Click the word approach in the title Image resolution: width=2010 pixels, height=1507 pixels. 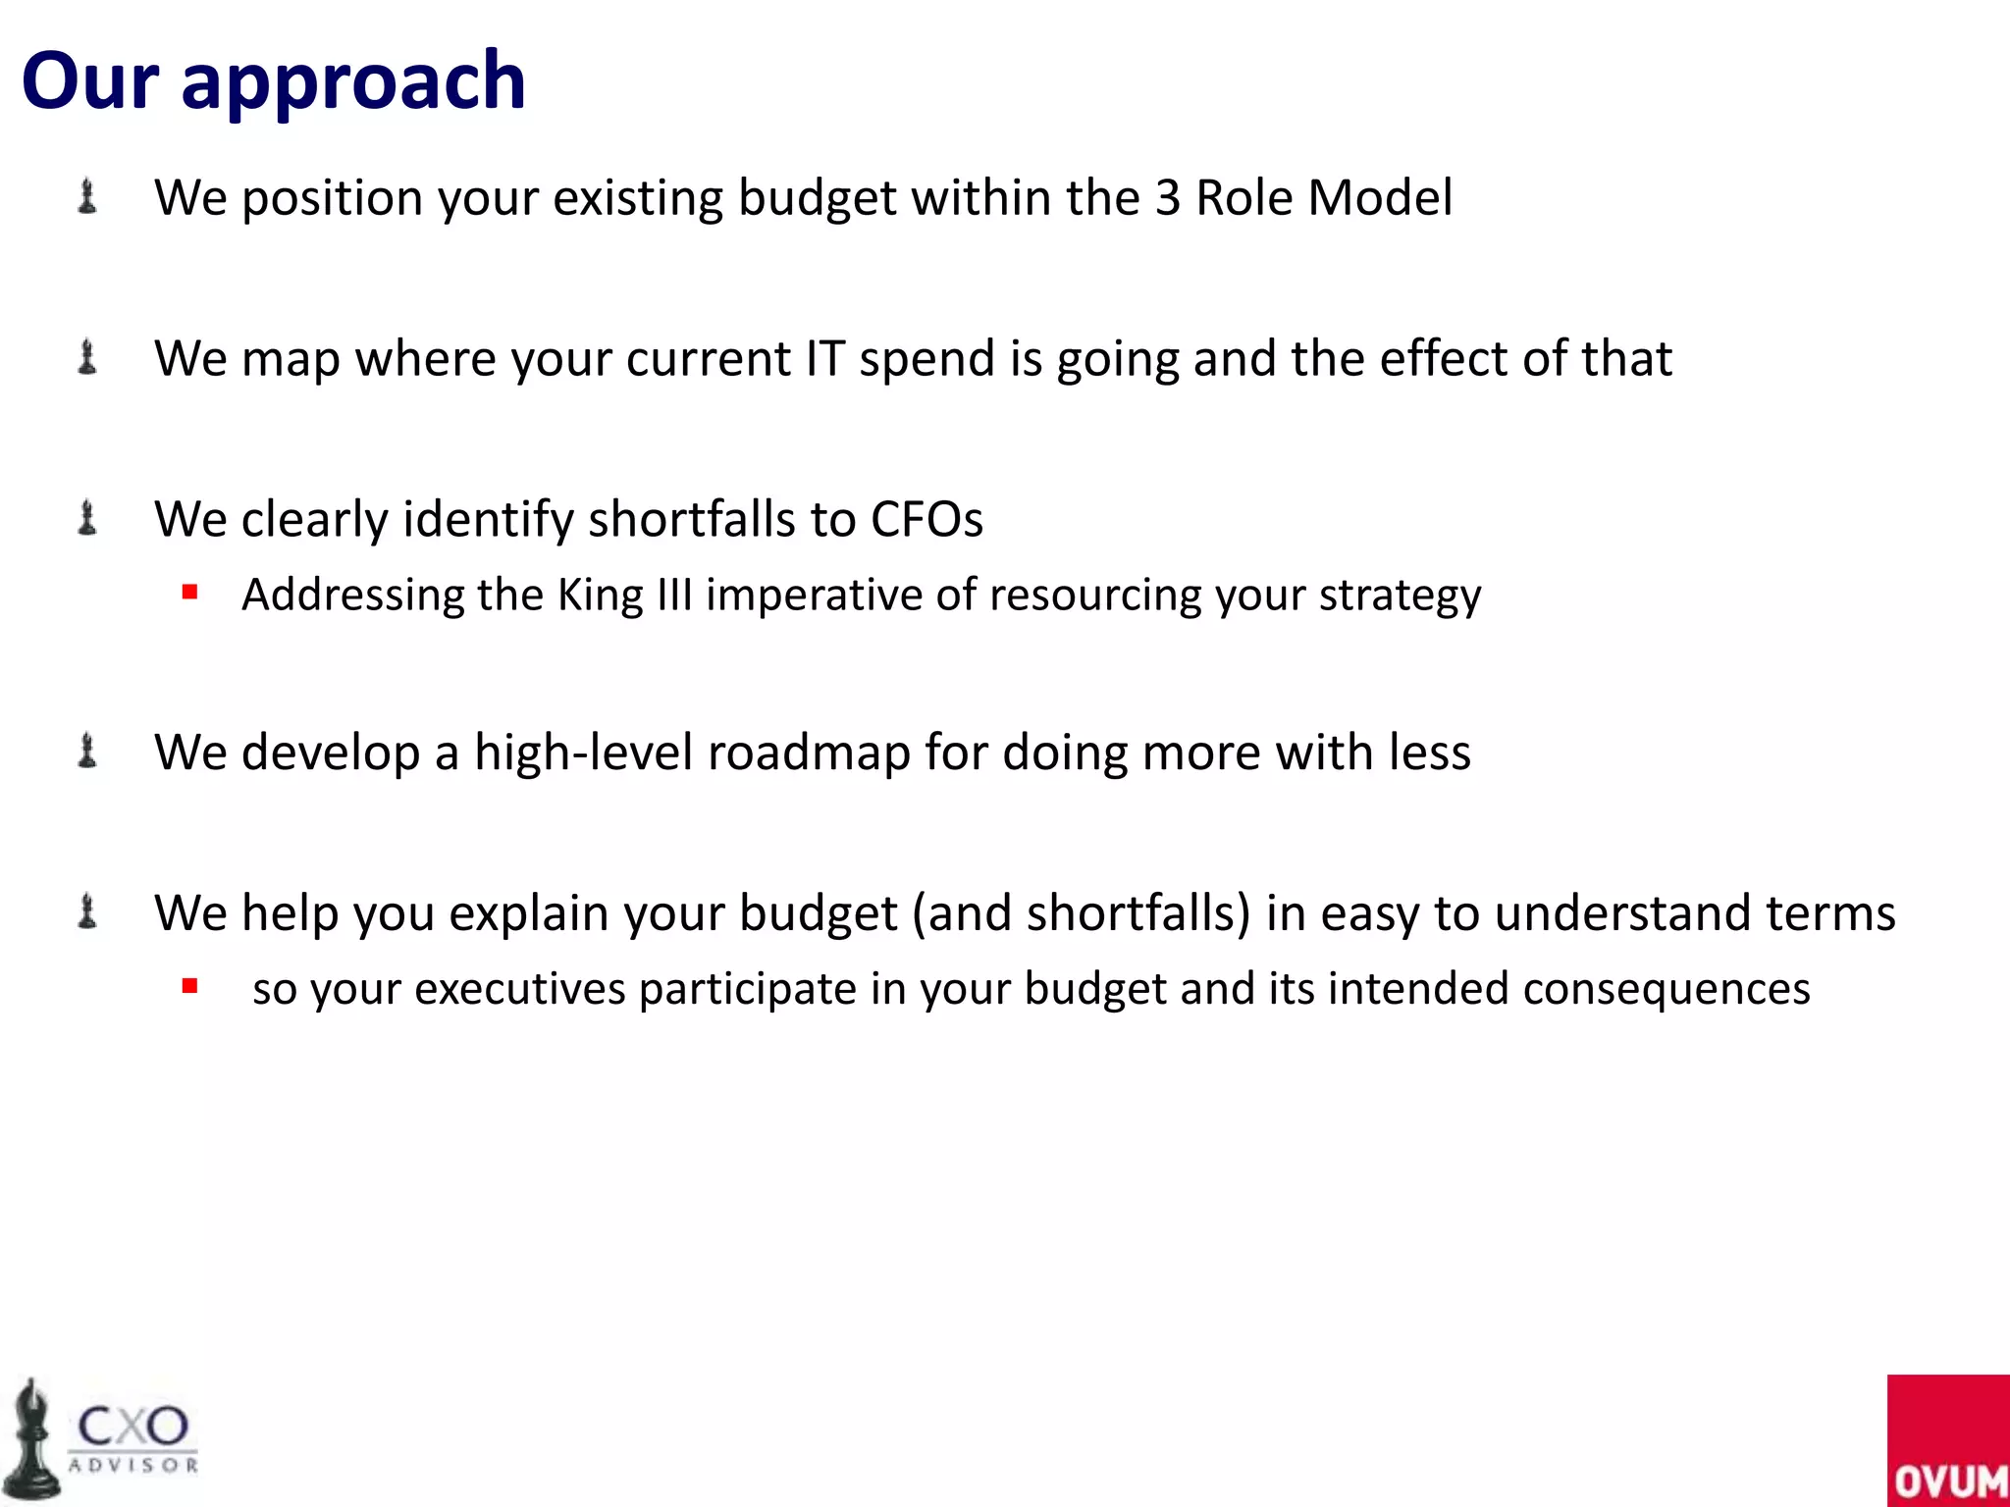click(x=353, y=82)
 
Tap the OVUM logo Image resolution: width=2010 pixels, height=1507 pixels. click(x=1947, y=1440)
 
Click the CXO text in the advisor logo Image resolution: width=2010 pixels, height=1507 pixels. click(x=132, y=1426)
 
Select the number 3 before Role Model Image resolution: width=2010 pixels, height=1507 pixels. click(x=1167, y=198)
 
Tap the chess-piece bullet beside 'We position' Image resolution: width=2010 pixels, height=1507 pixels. click(x=87, y=196)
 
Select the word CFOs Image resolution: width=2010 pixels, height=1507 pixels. click(x=926, y=520)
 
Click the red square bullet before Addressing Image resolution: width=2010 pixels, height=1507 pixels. click(x=190, y=592)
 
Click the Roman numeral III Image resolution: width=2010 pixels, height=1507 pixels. click(x=675, y=596)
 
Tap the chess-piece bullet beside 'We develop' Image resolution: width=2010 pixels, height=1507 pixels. click(x=87, y=752)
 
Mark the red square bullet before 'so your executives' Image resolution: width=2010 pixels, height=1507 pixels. click(x=190, y=986)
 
